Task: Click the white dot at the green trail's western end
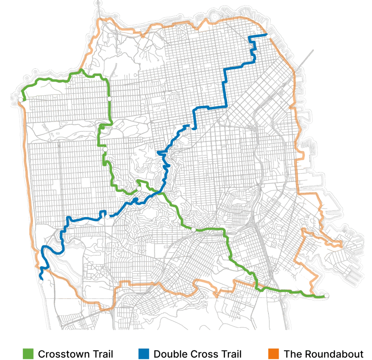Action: tap(21, 99)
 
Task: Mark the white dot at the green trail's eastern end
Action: tap(327, 295)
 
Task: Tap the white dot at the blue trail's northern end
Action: tap(268, 36)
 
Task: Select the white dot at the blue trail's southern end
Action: tap(40, 282)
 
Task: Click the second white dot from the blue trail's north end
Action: tap(191, 126)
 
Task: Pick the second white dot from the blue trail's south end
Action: tap(107, 217)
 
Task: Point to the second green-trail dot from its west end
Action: tap(109, 98)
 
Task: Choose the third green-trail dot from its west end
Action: tap(105, 149)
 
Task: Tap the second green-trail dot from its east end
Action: tap(193, 229)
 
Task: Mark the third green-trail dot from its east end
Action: tap(139, 188)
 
